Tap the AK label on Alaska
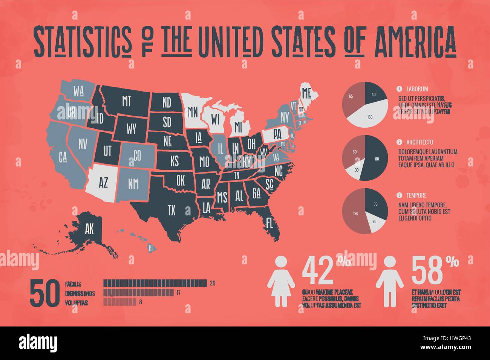[x=89, y=229]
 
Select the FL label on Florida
[x=269, y=221]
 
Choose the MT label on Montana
[x=126, y=101]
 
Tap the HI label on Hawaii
[x=151, y=248]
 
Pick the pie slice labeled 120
[x=354, y=213]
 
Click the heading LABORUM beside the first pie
[x=417, y=89]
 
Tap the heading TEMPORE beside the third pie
[x=416, y=195]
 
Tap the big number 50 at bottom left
[x=44, y=293]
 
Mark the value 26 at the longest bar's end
[x=212, y=283]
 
